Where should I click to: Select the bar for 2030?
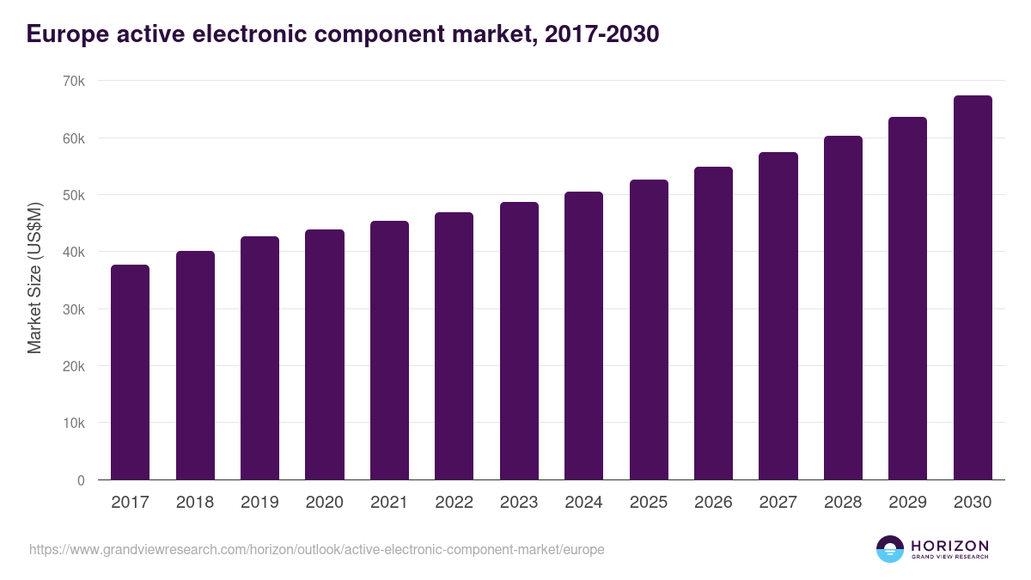[x=973, y=288]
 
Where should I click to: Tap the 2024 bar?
[x=583, y=336]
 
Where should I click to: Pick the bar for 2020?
[x=325, y=355]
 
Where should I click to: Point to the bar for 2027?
[x=778, y=316]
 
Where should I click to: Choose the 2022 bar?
[x=454, y=346]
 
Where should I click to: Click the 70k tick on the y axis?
[x=75, y=81]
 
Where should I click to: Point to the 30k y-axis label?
[x=75, y=309]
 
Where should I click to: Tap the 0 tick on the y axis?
[x=81, y=480]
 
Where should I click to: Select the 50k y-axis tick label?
[x=75, y=195]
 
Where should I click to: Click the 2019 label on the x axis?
[x=259, y=503]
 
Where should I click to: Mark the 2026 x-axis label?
[x=713, y=503]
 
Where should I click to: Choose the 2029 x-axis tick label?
[x=907, y=503]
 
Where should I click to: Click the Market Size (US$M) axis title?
[x=34, y=278]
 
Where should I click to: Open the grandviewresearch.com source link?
[x=317, y=549]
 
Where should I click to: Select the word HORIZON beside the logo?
[x=949, y=546]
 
